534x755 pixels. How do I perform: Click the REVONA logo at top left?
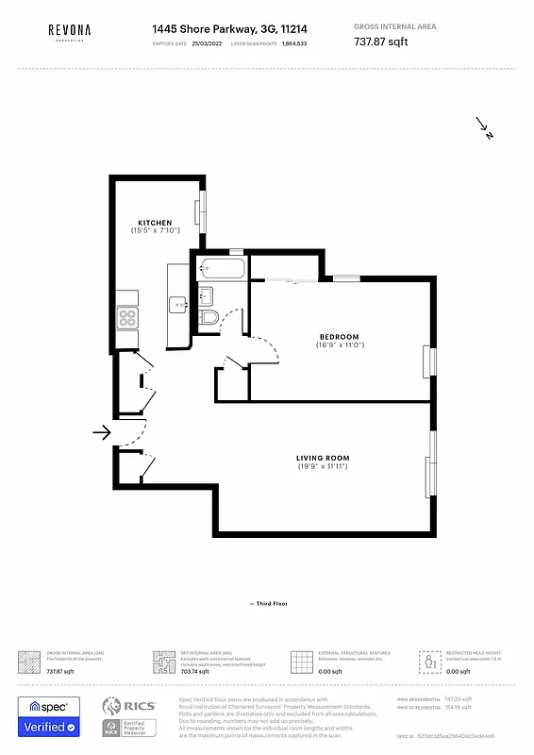click(x=70, y=32)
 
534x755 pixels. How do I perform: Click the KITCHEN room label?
click(x=155, y=223)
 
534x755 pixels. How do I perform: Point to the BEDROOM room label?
click(x=340, y=337)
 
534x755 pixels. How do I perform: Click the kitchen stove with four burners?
click(x=128, y=318)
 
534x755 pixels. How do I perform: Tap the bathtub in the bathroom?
click(x=222, y=270)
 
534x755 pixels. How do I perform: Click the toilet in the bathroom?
click(x=209, y=317)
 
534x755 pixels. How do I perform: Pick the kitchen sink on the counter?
click(x=177, y=305)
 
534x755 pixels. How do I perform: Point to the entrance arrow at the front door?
click(x=101, y=432)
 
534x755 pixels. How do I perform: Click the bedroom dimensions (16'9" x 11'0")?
click(x=340, y=345)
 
